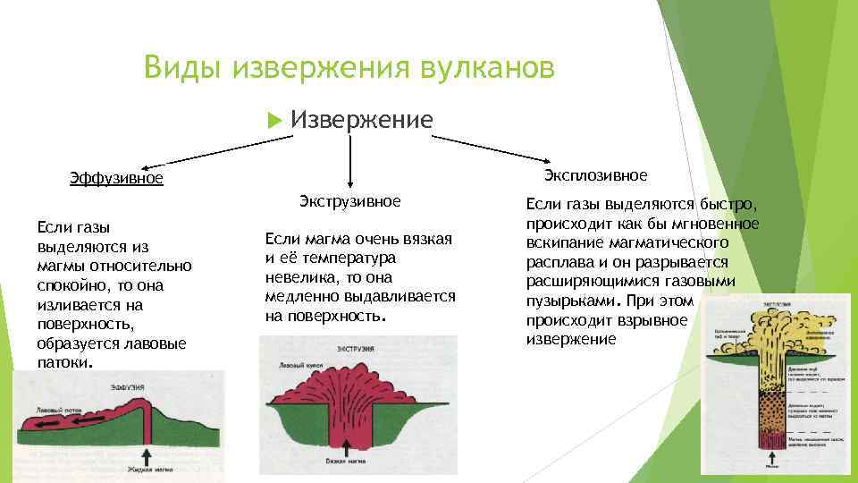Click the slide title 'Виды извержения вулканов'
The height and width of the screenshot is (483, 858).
(x=349, y=67)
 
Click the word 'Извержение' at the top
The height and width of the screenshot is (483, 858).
(x=362, y=120)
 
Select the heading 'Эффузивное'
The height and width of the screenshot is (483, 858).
(x=116, y=178)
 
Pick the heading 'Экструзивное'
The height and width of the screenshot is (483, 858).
(x=349, y=200)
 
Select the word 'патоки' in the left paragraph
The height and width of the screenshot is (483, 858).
(x=63, y=363)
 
